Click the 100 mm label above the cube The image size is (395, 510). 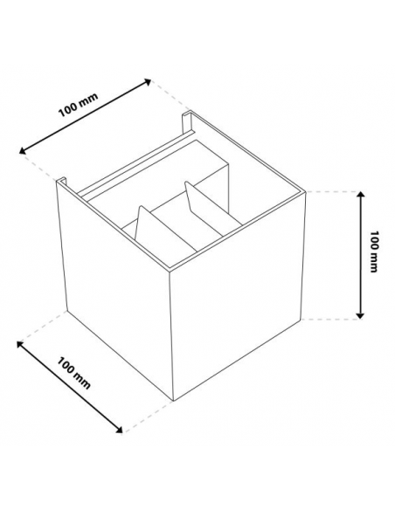pyautogui.click(x=78, y=105)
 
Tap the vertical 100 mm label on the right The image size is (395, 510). pyautogui.click(x=375, y=252)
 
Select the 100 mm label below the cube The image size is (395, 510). pyautogui.click(x=74, y=373)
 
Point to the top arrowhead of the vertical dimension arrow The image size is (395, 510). pyautogui.click(x=360, y=195)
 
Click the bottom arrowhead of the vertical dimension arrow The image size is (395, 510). pyautogui.click(x=360, y=315)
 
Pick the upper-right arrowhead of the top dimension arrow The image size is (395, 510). pyautogui.click(x=148, y=81)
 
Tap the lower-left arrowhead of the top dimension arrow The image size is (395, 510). pyautogui.click(x=23, y=150)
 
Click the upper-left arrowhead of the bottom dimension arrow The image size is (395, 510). pyautogui.click(x=20, y=344)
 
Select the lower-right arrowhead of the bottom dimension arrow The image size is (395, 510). pyautogui.click(x=119, y=430)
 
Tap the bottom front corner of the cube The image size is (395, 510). pyautogui.click(x=173, y=401)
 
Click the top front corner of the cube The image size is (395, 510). pyautogui.click(x=170, y=270)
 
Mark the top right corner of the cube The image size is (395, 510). pyautogui.click(x=306, y=192)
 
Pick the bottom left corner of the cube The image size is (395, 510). pyautogui.click(x=67, y=311)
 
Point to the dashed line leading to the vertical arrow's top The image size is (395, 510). pyautogui.click(x=333, y=192)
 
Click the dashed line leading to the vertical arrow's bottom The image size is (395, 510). pyautogui.click(x=331, y=320)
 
